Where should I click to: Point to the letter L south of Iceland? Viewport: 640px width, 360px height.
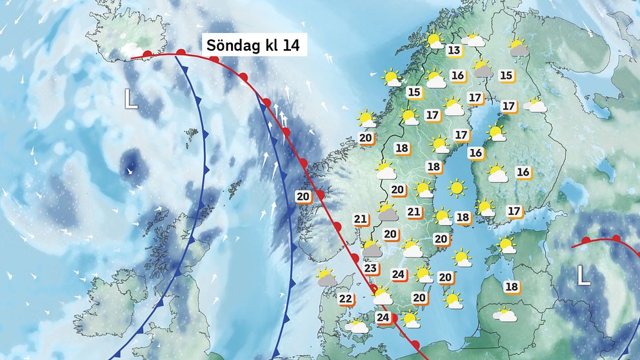pos(131,98)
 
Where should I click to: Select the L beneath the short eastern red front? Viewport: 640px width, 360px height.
pos(583,276)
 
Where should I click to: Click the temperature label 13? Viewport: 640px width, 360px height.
pos(454,51)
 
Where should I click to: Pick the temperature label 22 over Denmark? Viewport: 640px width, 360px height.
pos(346,299)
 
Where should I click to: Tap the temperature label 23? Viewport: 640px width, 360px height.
pos(370,268)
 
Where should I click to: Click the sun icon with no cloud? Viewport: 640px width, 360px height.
pos(457,188)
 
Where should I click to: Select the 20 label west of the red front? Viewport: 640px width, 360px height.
pos(303,197)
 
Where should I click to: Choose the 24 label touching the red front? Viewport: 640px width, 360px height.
pos(384,317)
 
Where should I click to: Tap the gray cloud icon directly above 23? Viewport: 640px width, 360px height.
pos(372,248)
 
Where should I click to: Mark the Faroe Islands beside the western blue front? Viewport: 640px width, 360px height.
pos(191,135)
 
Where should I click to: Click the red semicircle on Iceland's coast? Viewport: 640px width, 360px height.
pos(148,54)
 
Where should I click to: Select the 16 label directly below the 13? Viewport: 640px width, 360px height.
pos(458,76)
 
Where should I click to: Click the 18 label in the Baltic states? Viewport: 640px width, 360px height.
pos(512,286)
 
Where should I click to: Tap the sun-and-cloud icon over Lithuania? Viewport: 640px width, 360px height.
pos(505,315)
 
